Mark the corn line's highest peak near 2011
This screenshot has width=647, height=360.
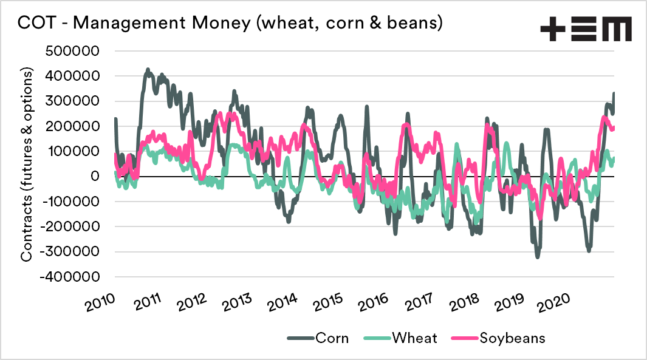coord(148,70)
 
